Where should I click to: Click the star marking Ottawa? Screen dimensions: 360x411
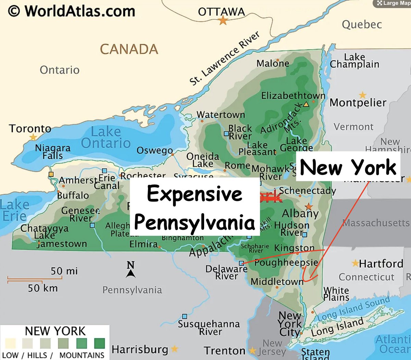point(223,21)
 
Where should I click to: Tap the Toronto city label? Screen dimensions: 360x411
point(30,129)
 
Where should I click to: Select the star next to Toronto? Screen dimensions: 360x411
point(33,137)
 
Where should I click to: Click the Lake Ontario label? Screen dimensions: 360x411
point(106,137)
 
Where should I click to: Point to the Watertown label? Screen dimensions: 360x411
point(221,115)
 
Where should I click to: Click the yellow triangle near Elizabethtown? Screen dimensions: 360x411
point(306,104)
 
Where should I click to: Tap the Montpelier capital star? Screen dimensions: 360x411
point(362,95)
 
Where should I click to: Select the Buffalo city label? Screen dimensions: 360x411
point(73,195)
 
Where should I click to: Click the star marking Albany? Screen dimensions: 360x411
point(309,206)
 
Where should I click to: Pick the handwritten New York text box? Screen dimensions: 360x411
point(348,167)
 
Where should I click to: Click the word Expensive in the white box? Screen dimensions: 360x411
point(195,194)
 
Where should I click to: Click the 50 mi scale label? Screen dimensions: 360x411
point(64,271)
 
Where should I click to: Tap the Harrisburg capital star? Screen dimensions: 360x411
point(174,349)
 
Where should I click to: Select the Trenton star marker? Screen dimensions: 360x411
point(252,351)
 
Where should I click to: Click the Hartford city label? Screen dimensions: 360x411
point(381,263)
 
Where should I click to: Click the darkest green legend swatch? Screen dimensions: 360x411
point(99,343)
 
